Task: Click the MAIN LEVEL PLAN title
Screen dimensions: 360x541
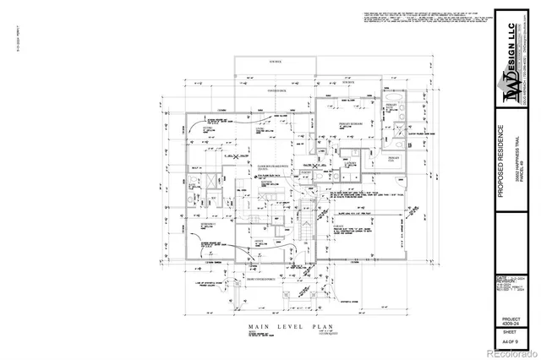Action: coord(284,326)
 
